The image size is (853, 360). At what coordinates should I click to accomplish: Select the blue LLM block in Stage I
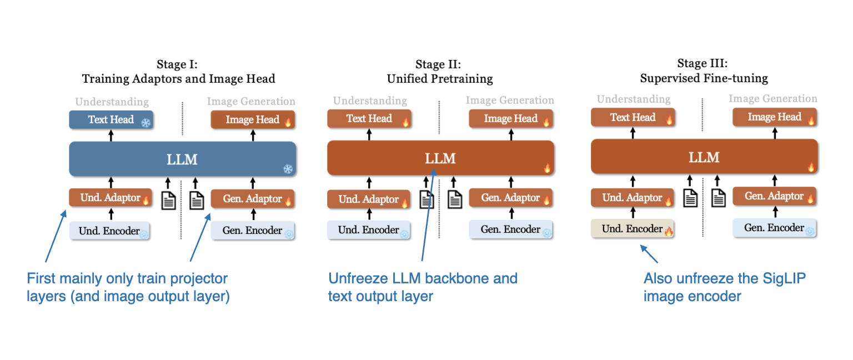[x=182, y=159]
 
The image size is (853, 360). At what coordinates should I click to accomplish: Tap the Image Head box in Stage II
[x=511, y=118]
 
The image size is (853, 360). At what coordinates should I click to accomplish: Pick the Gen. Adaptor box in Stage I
[x=253, y=199]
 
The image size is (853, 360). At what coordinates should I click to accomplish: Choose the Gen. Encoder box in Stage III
[x=774, y=228]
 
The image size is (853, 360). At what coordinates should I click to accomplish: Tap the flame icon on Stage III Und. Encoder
[x=669, y=232]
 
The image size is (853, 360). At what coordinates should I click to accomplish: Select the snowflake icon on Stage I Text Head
[x=145, y=123]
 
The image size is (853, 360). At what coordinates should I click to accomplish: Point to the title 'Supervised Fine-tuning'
[x=704, y=78]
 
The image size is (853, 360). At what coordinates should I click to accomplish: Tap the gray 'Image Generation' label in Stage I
[x=251, y=101]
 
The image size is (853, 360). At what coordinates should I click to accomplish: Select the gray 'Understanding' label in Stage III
[x=633, y=99]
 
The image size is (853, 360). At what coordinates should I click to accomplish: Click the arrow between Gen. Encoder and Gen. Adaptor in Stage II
[x=511, y=214]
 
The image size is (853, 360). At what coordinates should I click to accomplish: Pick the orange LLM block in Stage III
[x=704, y=157]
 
